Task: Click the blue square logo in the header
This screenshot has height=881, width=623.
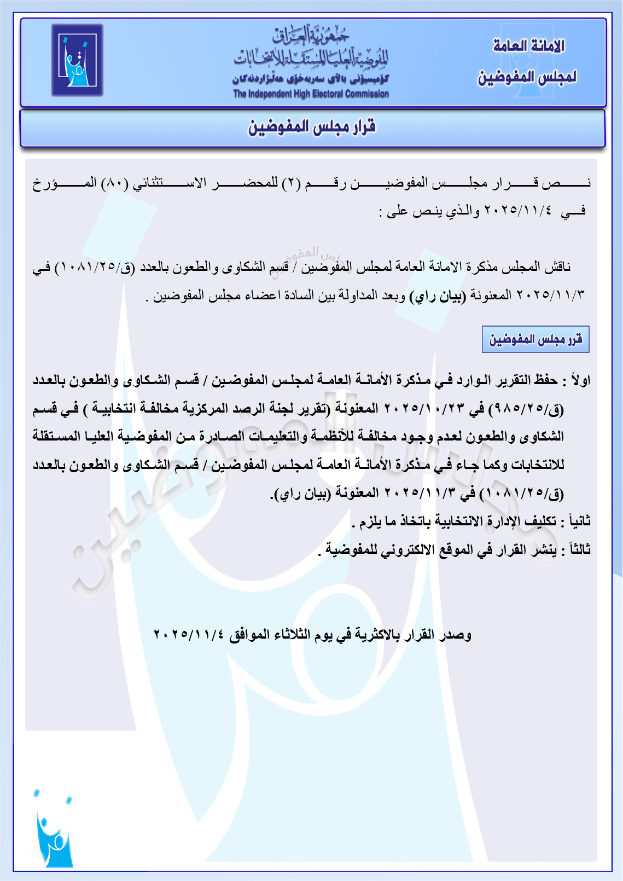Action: coord(77,60)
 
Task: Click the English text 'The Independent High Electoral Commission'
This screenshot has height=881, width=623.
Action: coord(311,94)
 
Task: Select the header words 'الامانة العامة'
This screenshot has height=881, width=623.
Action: coord(528,46)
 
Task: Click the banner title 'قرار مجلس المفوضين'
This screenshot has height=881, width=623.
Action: coord(312,127)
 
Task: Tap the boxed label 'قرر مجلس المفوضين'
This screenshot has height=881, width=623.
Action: coord(535,340)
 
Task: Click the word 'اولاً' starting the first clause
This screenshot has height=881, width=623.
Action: coord(580,380)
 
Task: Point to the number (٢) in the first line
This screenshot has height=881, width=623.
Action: coord(291,183)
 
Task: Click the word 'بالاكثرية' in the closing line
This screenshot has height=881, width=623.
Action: coord(377,635)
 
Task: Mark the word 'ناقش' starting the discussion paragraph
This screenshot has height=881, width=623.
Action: coord(558,267)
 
